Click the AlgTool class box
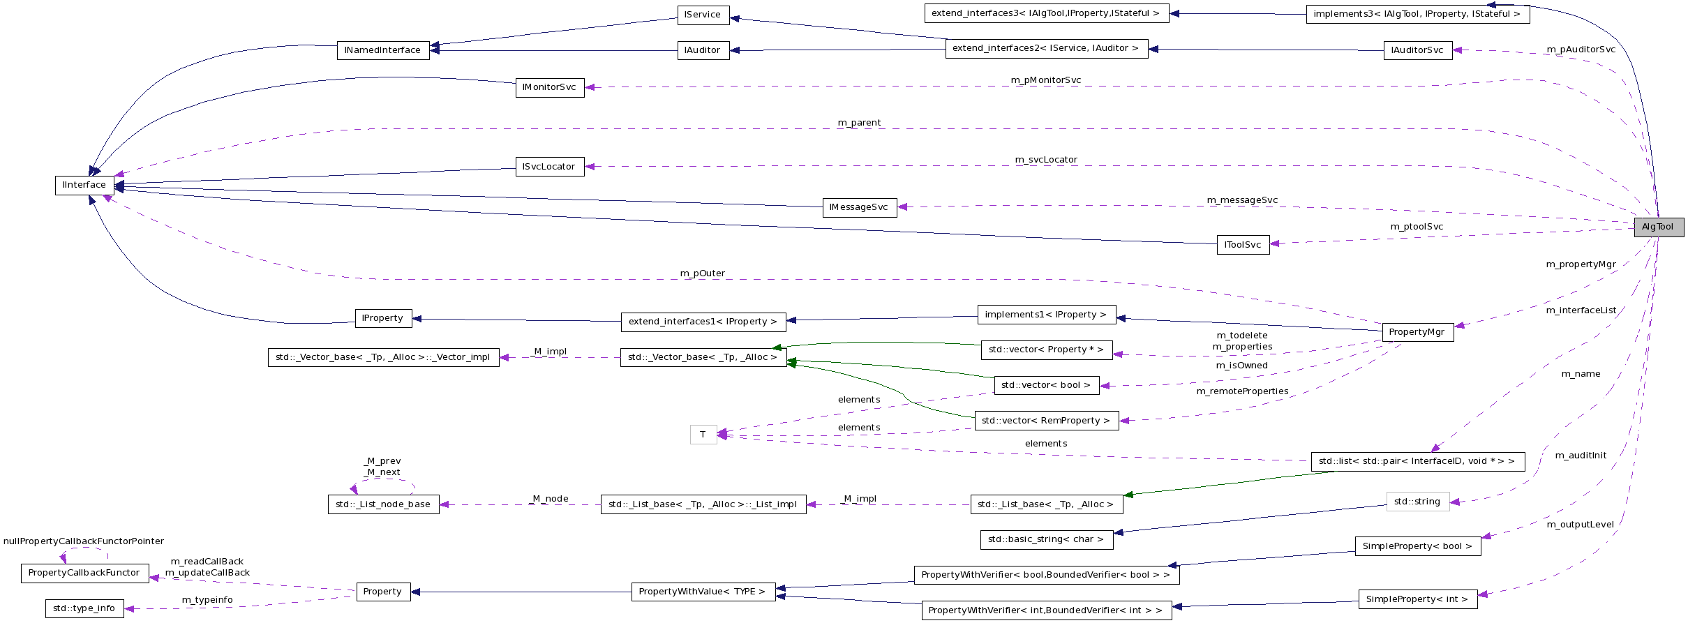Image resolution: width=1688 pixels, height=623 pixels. [x=1658, y=227]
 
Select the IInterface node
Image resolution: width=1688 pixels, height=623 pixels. [x=84, y=185]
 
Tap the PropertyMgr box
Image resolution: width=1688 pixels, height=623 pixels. [x=1417, y=332]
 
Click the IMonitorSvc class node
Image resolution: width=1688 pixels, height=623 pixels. [x=549, y=87]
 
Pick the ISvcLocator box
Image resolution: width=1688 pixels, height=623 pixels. [x=549, y=167]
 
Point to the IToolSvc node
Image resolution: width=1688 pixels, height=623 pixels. [x=1243, y=245]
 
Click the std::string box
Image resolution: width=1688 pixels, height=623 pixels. [x=1417, y=502]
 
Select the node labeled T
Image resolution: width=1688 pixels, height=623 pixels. [x=703, y=435]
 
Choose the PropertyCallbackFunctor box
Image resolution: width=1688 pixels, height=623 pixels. [x=84, y=573]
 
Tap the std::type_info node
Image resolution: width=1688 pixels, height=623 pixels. [x=84, y=608]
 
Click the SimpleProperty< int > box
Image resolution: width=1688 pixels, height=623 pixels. [x=1417, y=599]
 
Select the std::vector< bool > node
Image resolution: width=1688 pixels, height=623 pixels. [x=1046, y=385]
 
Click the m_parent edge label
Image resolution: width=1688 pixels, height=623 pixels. [x=859, y=123]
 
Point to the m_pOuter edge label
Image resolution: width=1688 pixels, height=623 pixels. [x=702, y=273]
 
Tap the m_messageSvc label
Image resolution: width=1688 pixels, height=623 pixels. [x=1242, y=200]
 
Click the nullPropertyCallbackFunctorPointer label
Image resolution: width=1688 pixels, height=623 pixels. [x=84, y=541]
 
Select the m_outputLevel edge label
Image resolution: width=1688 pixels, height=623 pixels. [x=1581, y=525]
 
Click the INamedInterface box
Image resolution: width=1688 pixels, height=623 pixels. [x=382, y=50]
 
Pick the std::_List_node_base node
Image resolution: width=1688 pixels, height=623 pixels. [x=383, y=504]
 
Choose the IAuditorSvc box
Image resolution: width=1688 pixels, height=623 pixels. [x=1417, y=50]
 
